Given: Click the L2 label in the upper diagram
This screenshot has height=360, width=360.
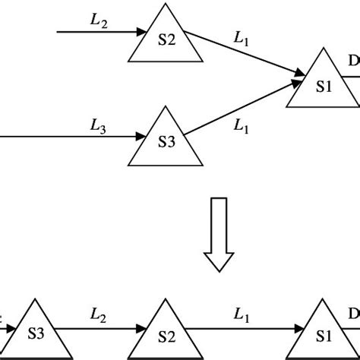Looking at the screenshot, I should pyautogui.click(x=99, y=22).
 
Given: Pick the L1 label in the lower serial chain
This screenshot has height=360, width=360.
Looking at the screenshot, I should pyautogui.click(x=241, y=313).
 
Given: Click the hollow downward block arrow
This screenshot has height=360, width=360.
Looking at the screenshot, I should pyautogui.click(x=219, y=232).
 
